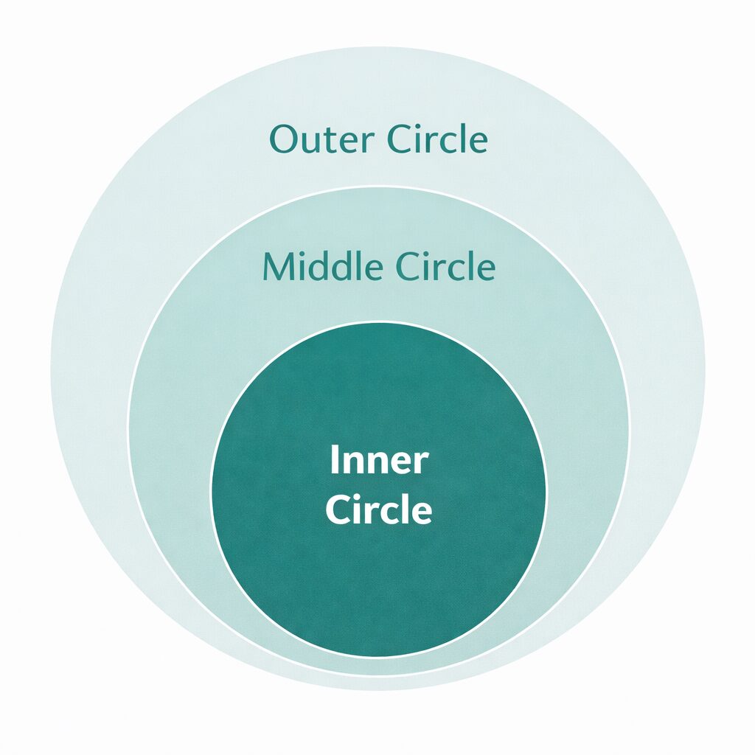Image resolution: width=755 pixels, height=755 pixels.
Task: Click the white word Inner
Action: [378, 461]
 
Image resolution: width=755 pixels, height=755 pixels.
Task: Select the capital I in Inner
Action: [333, 461]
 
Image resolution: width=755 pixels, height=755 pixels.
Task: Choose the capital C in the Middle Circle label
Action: [407, 267]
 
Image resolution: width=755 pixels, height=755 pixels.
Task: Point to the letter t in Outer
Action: [321, 141]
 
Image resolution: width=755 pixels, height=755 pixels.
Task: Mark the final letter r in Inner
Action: [421, 464]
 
